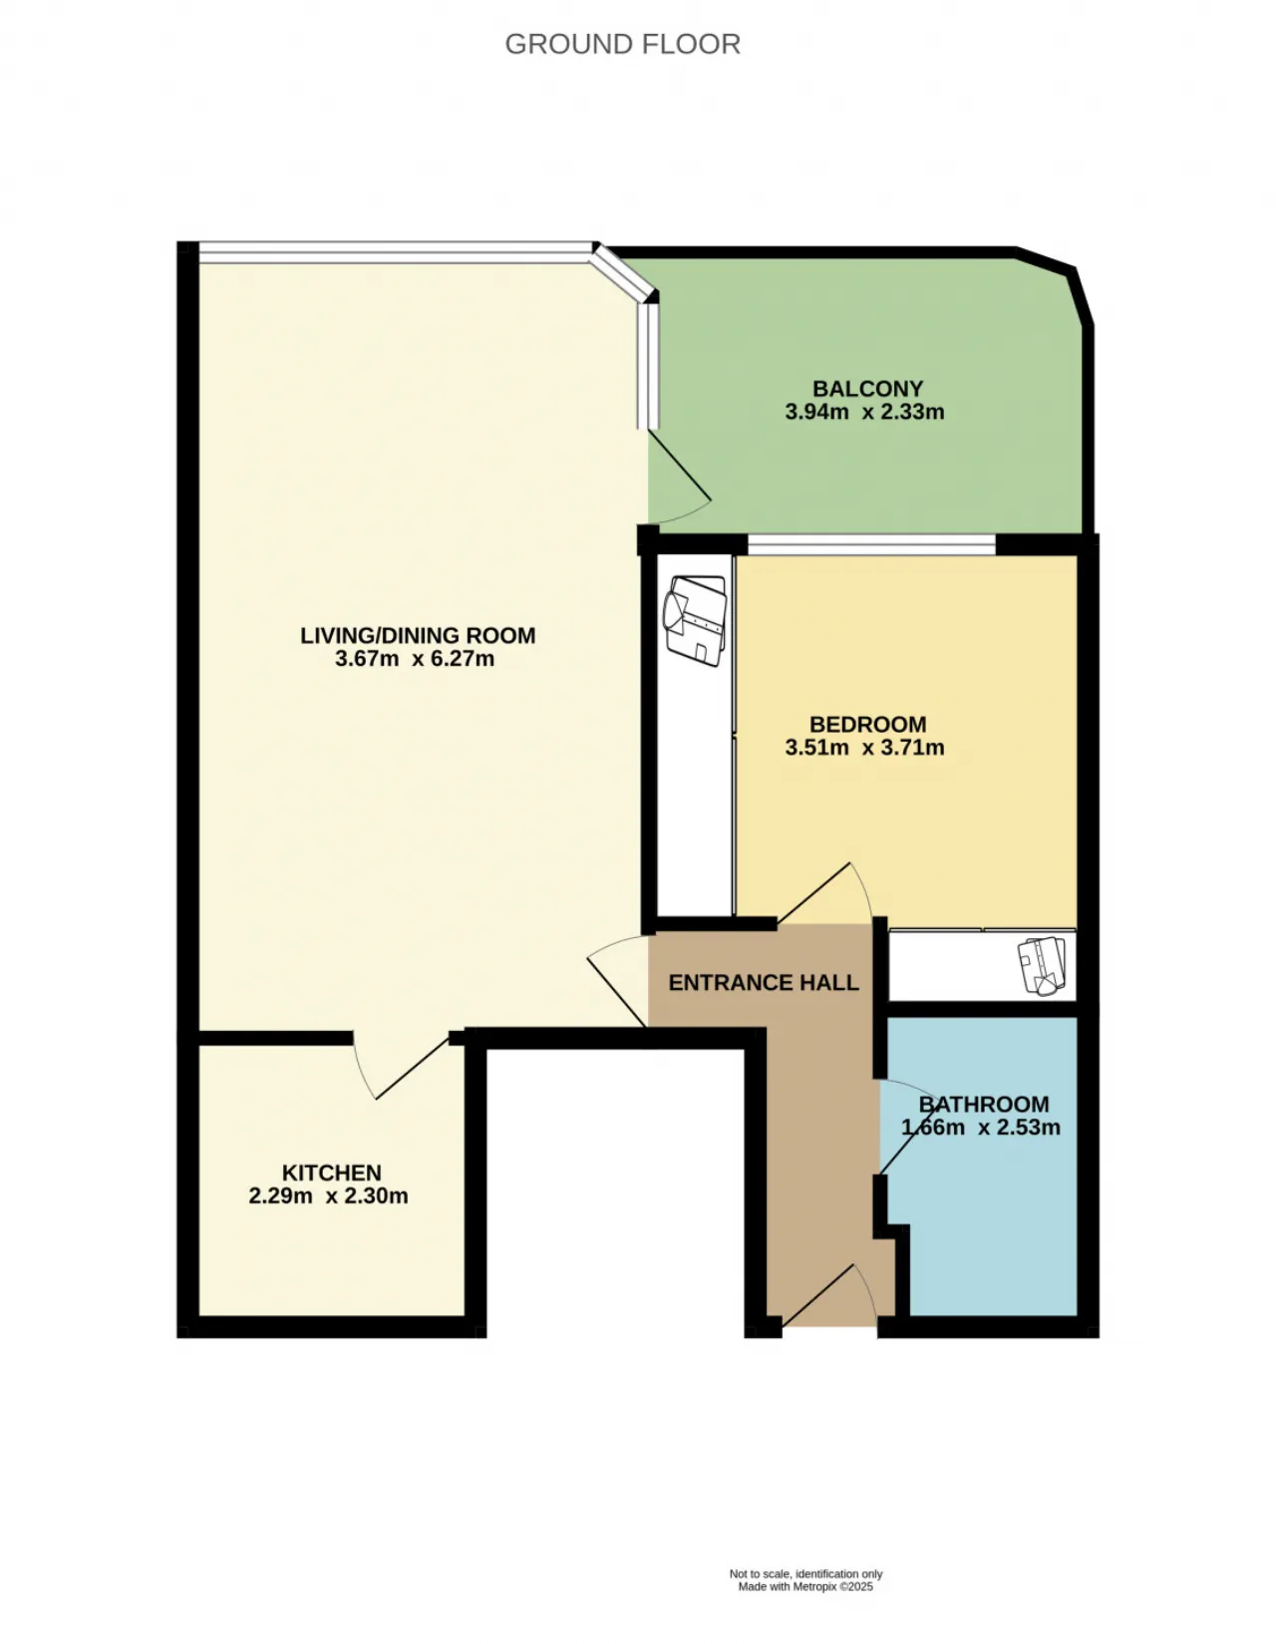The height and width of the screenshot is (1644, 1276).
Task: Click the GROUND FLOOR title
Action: [622, 44]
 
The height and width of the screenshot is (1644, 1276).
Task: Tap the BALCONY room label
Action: [867, 388]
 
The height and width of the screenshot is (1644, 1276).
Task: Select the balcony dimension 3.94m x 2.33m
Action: [864, 412]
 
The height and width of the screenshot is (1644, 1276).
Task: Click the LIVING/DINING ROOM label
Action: [418, 635]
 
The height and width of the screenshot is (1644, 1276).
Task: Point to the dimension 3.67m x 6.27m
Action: [415, 659]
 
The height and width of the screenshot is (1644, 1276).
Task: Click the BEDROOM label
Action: [867, 724]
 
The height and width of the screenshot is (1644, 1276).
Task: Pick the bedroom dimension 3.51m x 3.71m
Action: [864, 748]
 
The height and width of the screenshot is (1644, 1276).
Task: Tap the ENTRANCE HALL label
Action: [764, 983]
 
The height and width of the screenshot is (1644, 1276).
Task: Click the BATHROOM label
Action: [984, 1104]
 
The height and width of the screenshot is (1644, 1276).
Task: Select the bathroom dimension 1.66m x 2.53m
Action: [981, 1128]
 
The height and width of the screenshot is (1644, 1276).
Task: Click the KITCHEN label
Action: [331, 1172]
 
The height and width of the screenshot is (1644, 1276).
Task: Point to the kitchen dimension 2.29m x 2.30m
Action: [328, 1196]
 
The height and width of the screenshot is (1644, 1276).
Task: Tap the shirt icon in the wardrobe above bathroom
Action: [1042, 965]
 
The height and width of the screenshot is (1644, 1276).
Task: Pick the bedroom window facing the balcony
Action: [871, 544]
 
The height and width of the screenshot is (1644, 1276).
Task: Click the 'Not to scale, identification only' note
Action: [805, 1574]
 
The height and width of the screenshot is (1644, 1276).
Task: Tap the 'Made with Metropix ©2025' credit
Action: [805, 1586]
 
